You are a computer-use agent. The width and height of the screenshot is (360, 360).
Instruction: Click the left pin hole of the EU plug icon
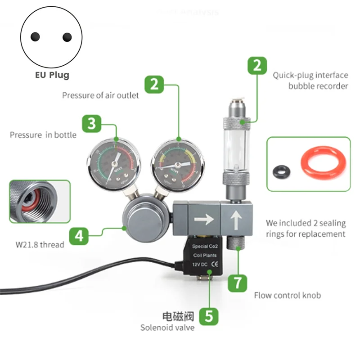tap(35, 37)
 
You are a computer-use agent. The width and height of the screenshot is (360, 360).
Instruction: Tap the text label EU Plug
tap(52, 75)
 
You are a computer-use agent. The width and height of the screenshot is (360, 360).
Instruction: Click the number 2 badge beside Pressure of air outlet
tap(154, 84)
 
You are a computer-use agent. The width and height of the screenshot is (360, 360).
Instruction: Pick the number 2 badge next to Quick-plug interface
tap(257, 66)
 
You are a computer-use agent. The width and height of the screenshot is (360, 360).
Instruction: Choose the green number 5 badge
tap(209, 315)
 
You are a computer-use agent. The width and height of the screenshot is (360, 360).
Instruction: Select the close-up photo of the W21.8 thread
tap(40, 201)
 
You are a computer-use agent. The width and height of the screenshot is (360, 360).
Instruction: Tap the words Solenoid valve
tap(167, 327)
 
